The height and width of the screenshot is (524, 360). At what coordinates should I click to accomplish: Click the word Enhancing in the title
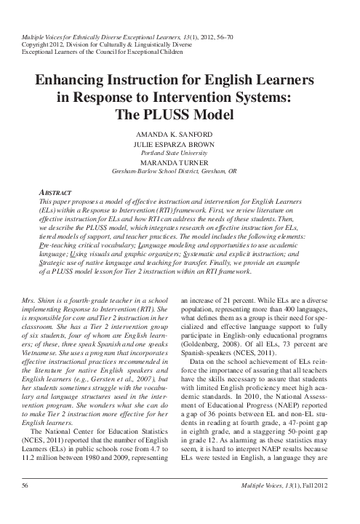pyautogui.click(x=71, y=82)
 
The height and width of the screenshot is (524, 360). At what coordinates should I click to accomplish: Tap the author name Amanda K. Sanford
pyautogui.click(x=180, y=136)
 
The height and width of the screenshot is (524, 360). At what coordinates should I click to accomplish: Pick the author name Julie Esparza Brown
pyautogui.click(x=180, y=146)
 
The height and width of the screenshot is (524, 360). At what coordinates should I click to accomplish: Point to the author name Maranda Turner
pyautogui.click(x=180, y=164)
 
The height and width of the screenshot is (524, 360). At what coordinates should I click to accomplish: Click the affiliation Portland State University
pyautogui.click(x=180, y=154)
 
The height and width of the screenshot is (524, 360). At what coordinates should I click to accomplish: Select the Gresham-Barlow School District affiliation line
pyautogui.click(x=180, y=173)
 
